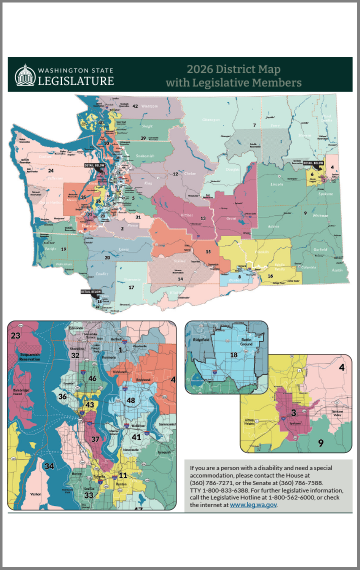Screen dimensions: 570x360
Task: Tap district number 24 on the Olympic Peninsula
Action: pyautogui.click(x=49, y=171)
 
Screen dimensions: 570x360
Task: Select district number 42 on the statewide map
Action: pyautogui.click(x=135, y=105)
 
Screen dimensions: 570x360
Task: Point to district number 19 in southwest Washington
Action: pyautogui.click(x=63, y=246)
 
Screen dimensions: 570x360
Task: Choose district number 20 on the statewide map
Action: pyautogui.click(x=107, y=257)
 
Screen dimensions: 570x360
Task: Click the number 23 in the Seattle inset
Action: pyautogui.click(x=16, y=337)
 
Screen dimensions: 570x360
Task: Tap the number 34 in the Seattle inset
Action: pyautogui.click(x=48, y=467)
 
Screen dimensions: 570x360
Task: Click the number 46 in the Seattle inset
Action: pyautogui.click(x=92, y=379)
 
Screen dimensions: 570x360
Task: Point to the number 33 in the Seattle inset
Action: pyautogui.click(x=88, y=494)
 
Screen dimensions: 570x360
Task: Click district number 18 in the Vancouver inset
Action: pyautogui.click(x=234, y=356)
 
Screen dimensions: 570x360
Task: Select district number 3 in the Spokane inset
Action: pyautogui.click(x=294, y=412)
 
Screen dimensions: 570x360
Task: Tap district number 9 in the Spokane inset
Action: pyautogui.click(x=321, y=442)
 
